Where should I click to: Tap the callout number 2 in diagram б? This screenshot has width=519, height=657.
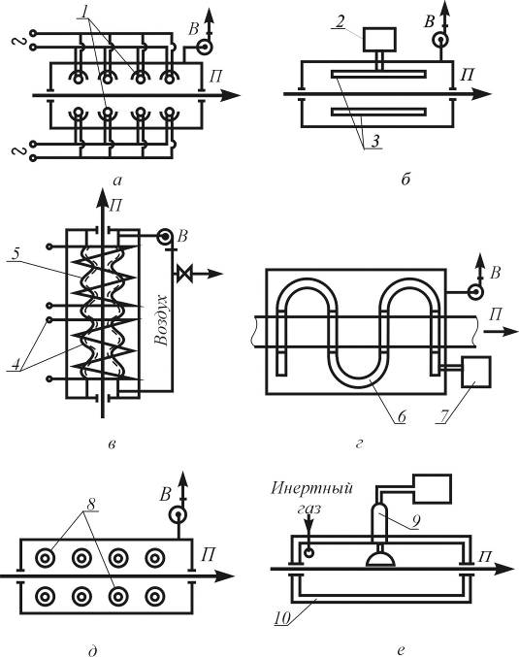[340, 21]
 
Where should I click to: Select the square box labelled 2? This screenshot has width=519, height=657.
[379, 40]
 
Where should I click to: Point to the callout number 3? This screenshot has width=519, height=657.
[375, 142]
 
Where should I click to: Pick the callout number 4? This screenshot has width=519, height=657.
[16, 364]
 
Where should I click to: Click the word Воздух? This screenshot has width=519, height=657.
[161, 320]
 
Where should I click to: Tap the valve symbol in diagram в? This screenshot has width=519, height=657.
[183, 274]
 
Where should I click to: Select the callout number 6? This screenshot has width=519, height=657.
[402, 416]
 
